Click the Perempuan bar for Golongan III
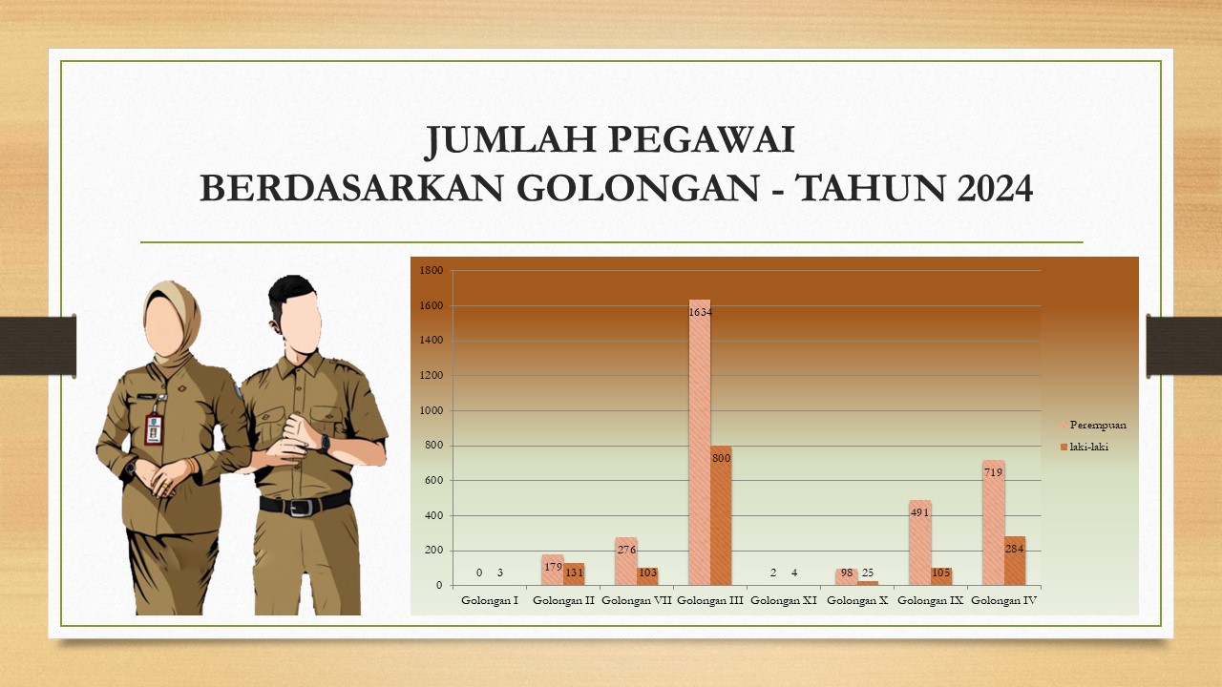(x=700, y=442)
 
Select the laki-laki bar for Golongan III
(x=721, y=516)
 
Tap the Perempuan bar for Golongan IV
(x=994, y=523)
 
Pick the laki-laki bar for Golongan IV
(x=1015, y=561)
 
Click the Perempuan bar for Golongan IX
(x=919, y=543)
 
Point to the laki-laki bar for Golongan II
(x=574, y=574)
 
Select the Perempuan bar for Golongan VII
(x=626, y=562)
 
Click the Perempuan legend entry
(x=1093, y=425)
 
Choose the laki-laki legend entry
(x=1085, y=448)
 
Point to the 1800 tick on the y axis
(x=431, y=270)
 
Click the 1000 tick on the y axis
(x=431, y=410)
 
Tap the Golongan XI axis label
(x=784, y=600)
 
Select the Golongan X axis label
(x=857, y=600)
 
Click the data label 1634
(x=700, y=312)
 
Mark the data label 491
(x=919, y=512)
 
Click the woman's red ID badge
(x=154, y=429)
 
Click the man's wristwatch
(x=325, y=444)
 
